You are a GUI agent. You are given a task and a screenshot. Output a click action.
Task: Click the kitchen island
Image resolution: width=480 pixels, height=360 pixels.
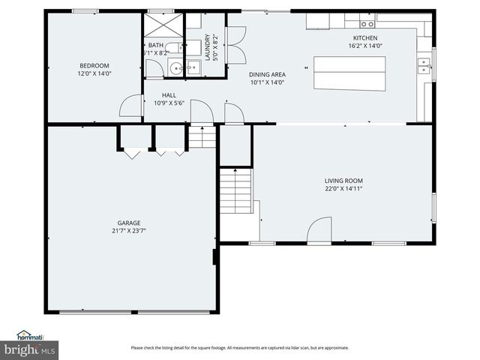coord(343,73)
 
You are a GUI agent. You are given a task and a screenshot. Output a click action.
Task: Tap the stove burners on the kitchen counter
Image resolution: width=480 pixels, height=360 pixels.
coord(367,24)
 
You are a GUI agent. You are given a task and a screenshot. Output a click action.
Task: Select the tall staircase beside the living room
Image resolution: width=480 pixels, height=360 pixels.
coord(234,190)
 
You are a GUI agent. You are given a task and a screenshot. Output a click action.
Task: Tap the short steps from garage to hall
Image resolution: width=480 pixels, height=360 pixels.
coord(199,138)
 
